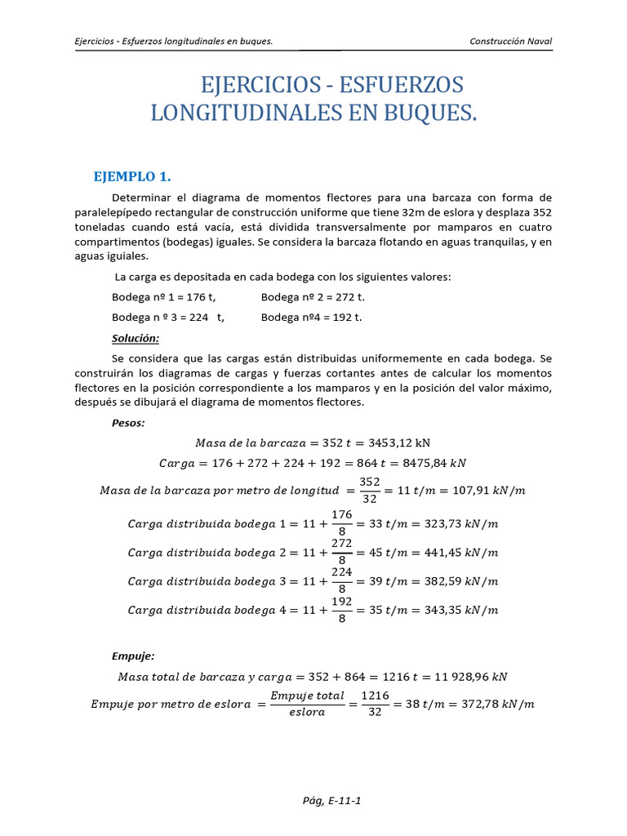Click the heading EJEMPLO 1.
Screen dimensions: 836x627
click(x=132, y=177)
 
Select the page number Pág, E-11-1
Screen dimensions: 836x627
click(x=331, y=800)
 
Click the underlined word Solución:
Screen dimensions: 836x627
click(x=135, y=338)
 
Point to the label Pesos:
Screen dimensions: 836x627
click(x=128, y=423)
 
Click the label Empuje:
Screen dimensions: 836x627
click(x=132, y=656)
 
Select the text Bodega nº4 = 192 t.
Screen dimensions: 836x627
click(x=312, y=317)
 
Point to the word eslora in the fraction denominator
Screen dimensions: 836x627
click(x=307, y=713)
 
